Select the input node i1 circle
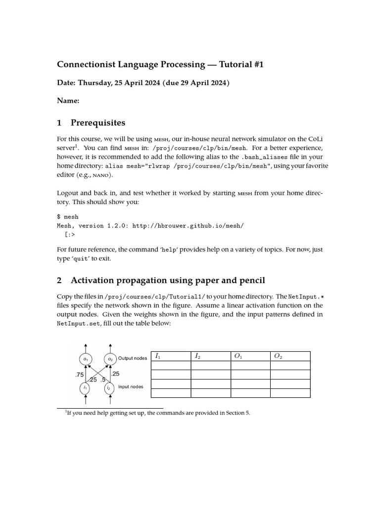pos(86,388)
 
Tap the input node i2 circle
pos(109,388)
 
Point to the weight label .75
pos(79,375)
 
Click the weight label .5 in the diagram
pos(103,380)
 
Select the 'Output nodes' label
pos(133,358)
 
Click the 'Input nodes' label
pos(131,386)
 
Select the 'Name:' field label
pos(68,101)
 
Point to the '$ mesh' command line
pos(68,217)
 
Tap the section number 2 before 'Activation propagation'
pos(59,281)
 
